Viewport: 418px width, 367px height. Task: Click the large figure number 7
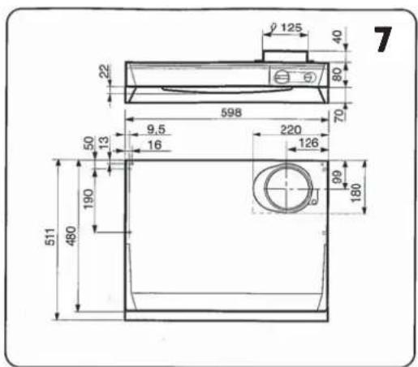click(x=383, y=39)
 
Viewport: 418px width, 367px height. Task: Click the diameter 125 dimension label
click(x=287, y=28)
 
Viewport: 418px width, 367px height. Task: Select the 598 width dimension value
click(x=231, y=113)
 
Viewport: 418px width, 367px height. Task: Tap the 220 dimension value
click(x=291, y=130)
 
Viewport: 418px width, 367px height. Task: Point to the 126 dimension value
click(x=308, y=143)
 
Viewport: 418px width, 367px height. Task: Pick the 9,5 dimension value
click(x=156, y=130)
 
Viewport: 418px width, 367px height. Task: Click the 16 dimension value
click(x=155, y=145)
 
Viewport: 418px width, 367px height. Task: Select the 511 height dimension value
click(x=50, y=237)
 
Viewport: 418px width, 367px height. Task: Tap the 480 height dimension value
click(x=71, y=237)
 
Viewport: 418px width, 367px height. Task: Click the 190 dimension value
click(x=88, y=199)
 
